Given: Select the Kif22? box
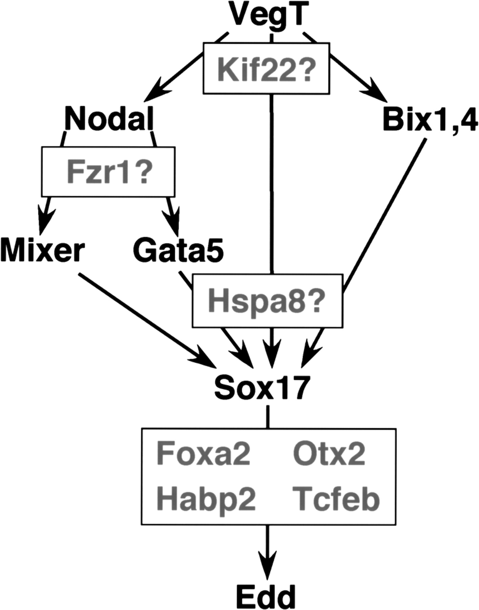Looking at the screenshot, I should (x=266, y=68).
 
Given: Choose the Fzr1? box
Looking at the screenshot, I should (x=108, y=172).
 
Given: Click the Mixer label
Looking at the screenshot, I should (x=42, y=251).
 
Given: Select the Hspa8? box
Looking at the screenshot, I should (x=267, y=301).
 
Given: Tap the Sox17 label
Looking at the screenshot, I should (x=262, y=388).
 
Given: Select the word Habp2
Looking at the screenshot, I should (x=206, y=499).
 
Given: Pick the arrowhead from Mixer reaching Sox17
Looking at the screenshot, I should (x=205, y=361).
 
